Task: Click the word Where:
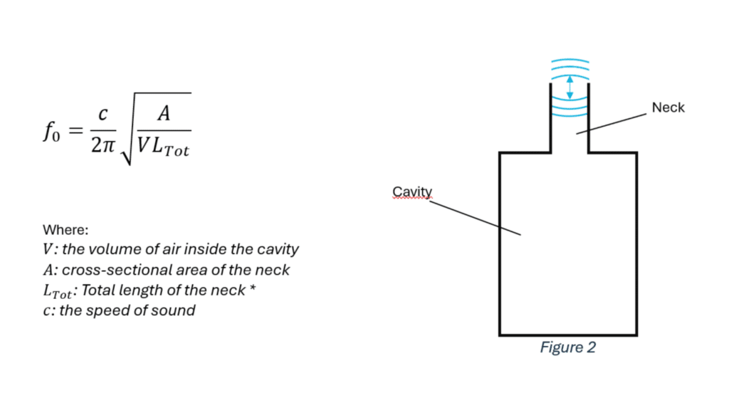tap(65, 230)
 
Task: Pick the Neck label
tap(668, 107)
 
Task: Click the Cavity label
tap(412, 191)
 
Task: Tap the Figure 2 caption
tap(567, 347)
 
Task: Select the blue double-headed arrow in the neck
tap(569, 88)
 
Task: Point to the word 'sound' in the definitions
tap(176, 310)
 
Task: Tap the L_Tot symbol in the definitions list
tap(56, 291)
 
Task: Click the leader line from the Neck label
tap(612, 123)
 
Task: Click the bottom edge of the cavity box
tap(567, 335)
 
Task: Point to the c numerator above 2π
tap(103, 115)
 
